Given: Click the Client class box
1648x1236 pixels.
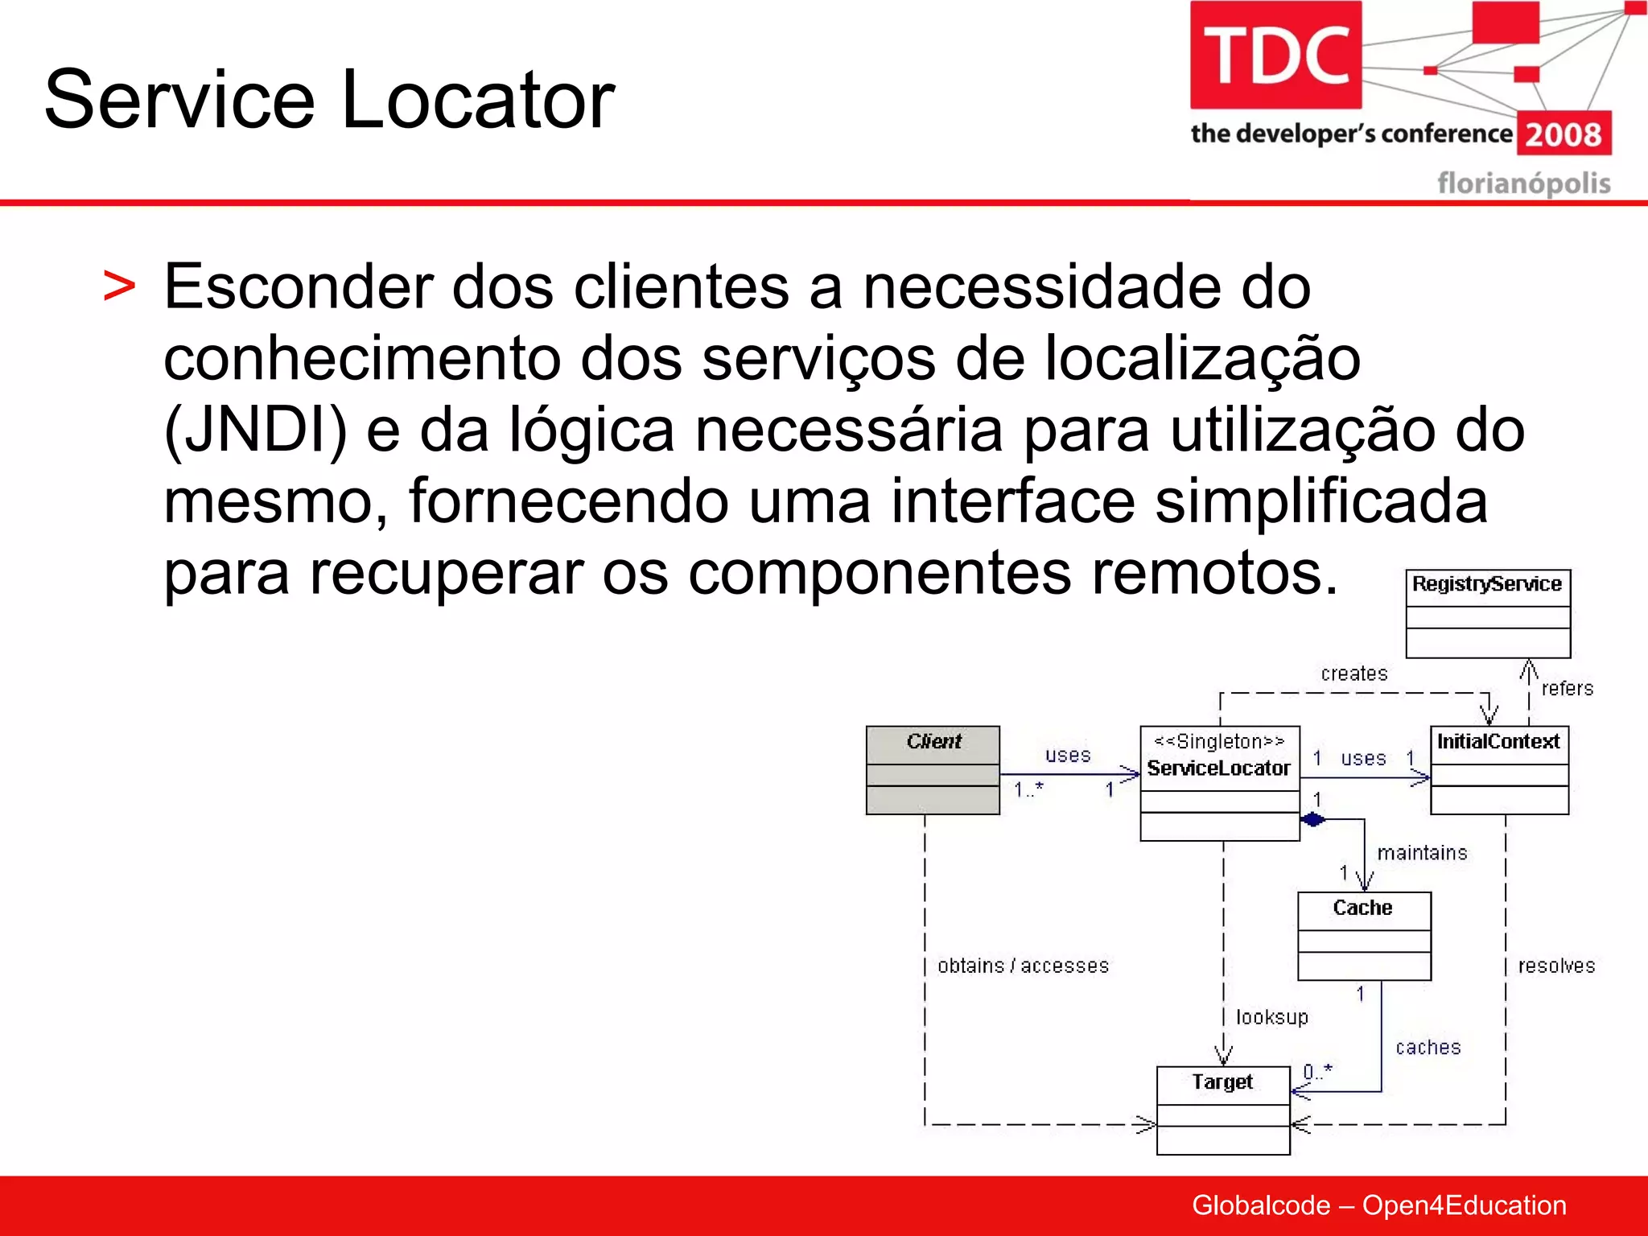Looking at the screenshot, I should [933, 770].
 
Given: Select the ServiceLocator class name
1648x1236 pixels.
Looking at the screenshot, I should [1218, 768].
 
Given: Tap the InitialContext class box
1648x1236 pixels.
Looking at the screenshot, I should [1499, 770].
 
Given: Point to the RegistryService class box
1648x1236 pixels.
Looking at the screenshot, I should [1488, 613].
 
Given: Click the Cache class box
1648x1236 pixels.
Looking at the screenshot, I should [1364, 936].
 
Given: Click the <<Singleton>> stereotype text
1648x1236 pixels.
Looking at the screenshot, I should [1218, 741].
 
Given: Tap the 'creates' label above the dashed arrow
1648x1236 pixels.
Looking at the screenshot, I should [1354, 674].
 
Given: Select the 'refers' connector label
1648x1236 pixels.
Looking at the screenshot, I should [1567, 689].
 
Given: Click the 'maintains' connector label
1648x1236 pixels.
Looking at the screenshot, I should [1422, 853].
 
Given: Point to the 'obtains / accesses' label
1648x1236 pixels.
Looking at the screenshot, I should [1023, 966].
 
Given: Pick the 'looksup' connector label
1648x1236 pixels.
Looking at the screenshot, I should [1271, 1018].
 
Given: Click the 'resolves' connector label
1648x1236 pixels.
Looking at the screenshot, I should [1556, 966].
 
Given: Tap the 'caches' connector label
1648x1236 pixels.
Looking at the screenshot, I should [1428, 1048].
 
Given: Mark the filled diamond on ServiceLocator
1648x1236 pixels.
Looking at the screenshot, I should [1313, 820].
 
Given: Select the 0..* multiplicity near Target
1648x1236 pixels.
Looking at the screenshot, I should [1317, 1072].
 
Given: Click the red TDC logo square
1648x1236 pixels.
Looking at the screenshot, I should [1275, 55].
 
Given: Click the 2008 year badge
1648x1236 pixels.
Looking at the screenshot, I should [1564, 134].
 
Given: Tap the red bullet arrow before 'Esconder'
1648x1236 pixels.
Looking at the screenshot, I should [119, 287].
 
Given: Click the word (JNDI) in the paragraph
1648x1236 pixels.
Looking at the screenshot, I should [255, 431].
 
